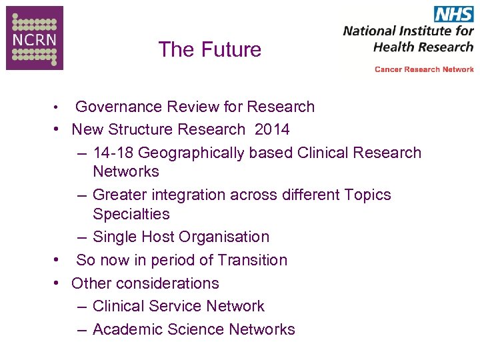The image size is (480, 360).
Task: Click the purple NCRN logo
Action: point(35,37)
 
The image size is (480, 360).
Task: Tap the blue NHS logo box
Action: point(453,13)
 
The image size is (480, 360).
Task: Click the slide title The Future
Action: point(210,49)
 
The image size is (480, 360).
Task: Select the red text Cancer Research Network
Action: point(424,69)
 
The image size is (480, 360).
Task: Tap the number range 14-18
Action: point(113,153)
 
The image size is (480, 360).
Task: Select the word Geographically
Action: point(191,153)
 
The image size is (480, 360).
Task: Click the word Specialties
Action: point(131,214)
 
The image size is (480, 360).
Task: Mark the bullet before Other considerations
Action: point(58,283)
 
